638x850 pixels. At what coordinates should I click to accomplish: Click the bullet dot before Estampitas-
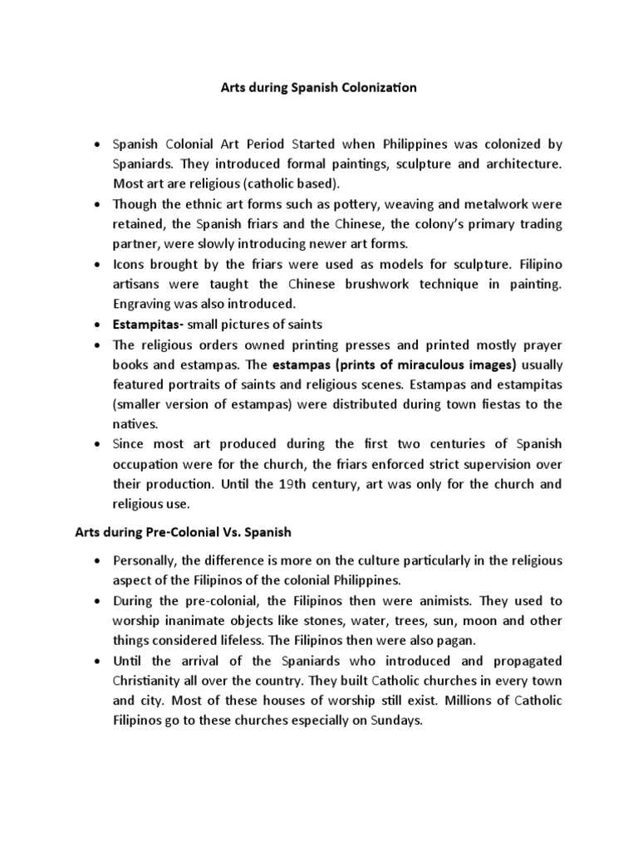tap(99, 325)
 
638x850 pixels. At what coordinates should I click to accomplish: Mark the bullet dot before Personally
tap(99, 562)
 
